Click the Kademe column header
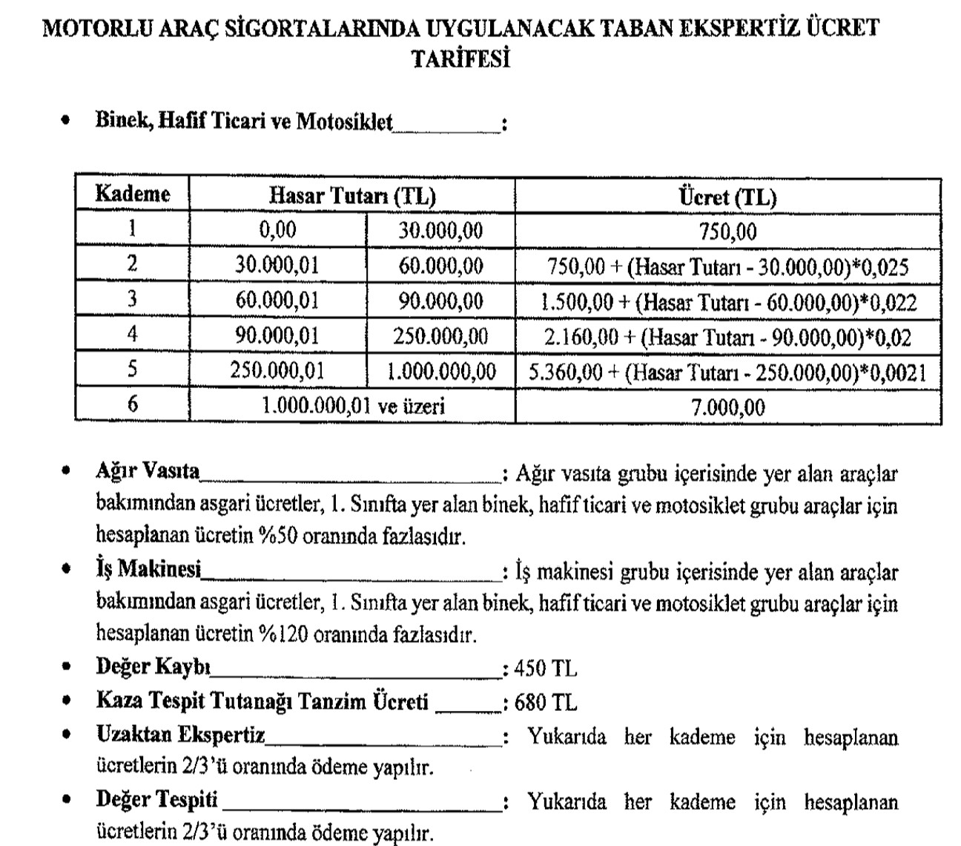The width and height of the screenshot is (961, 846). tap(132, 195)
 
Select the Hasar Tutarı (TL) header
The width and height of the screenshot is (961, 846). tap(351, 196)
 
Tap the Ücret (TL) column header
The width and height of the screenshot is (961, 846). tap(727, 197)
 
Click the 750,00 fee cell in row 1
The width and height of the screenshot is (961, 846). tap(727, 232)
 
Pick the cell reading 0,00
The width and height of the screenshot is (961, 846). tap(277, 230)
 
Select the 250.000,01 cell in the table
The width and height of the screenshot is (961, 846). tap(277, 370)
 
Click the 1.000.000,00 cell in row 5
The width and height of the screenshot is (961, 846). tap(441, 371)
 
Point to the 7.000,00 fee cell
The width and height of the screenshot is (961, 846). tap(727, 407)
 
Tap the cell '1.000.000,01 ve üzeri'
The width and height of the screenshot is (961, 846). tap(352, 406)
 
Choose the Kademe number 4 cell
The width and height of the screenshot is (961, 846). tap(132, 335)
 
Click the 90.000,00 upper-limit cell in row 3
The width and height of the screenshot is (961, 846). tap(441, 301)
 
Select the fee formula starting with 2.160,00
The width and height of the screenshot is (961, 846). tap(727, 338)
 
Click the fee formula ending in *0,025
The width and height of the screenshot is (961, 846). tap(727, 267)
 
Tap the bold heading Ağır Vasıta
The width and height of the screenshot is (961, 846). tap(148, 471)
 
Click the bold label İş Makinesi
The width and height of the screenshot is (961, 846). tap(148, 570)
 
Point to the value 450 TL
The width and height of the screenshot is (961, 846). tap(545, 669)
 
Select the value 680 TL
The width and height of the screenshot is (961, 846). tap(545, 702)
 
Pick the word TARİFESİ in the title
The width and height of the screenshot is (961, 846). tap(460, 59)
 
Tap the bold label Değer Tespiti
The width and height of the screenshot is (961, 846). tap(157, 800)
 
